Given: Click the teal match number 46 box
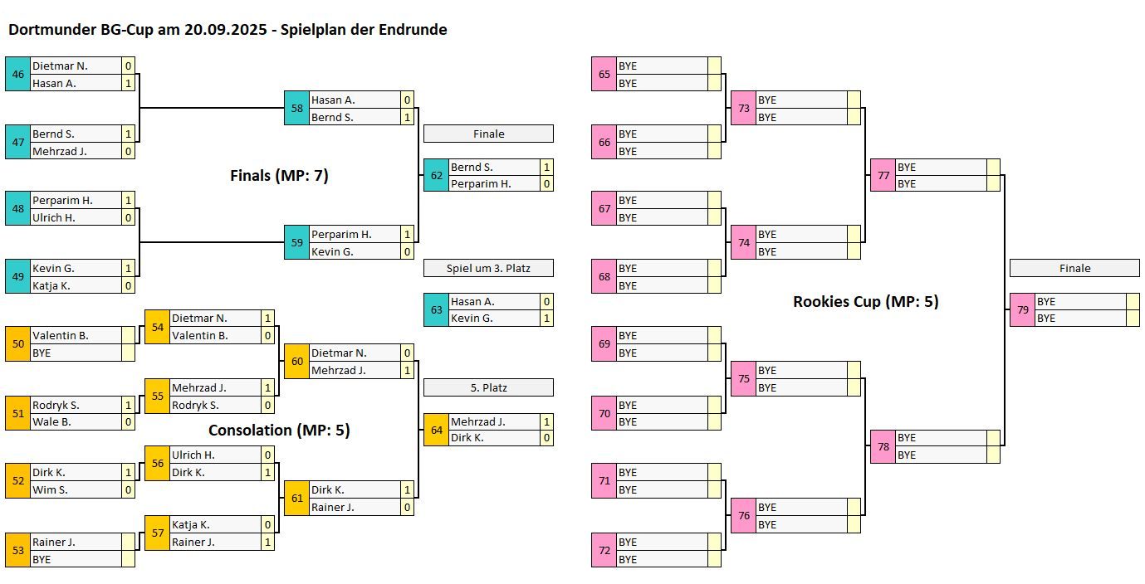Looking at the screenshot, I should coord(17,74).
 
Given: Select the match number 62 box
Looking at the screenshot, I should coord(436,175).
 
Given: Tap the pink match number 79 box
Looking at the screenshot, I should coord(1022,309).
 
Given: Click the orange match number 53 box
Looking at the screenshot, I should coord(17,550).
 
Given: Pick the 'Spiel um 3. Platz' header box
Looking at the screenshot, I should coord(488,268).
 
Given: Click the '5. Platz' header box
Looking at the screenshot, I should coord(488,387).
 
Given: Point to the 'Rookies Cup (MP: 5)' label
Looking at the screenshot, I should coord(865,302).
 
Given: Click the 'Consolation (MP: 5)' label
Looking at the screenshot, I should coord(279,431).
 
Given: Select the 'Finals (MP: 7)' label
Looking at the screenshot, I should coord(279,176).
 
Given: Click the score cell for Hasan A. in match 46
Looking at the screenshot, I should coord(128,83).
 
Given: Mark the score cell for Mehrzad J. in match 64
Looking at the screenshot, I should coord(546,421).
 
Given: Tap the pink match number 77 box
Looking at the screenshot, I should coord(883,175).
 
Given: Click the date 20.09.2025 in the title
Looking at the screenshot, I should coord(223,30).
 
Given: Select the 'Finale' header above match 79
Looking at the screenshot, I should coord(1074,268).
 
